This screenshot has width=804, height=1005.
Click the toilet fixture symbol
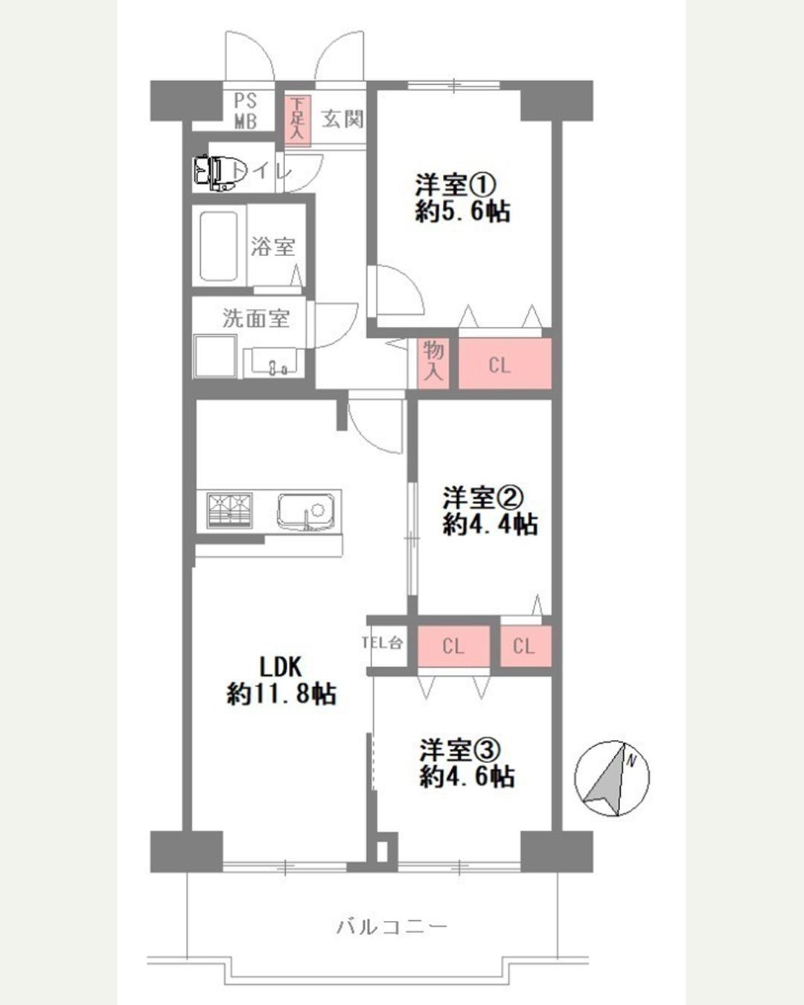(x=214, y=172)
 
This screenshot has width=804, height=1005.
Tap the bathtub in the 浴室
(x=219, y=246)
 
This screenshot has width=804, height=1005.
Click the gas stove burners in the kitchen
(x=229, y=511)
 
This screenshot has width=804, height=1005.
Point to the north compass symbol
(x=611, y=778)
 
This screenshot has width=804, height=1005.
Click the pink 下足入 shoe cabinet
(x=297, y=121)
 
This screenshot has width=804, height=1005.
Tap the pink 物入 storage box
(x=433, y=363)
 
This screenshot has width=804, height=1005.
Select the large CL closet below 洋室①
(x=505, y=363)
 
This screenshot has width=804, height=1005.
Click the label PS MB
(x=246, y=111)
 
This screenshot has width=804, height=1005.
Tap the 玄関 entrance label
(x=342, y=120)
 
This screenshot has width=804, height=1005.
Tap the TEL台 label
(x=382, y=643)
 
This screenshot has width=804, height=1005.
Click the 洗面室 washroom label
(x=255, y=319)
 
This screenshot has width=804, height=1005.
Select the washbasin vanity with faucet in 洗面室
(x=274, y=360)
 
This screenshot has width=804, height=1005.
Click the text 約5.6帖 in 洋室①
(x=462, y=211)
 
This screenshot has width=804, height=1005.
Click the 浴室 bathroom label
(x=272, y=246)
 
